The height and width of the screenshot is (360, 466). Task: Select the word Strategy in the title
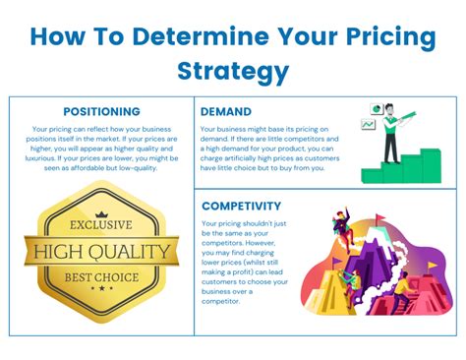coord(233,71)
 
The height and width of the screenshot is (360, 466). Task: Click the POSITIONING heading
coord(101,112)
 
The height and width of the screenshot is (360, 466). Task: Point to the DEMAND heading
coord(227,112)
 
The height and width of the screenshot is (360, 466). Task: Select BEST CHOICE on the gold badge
coord(102,276)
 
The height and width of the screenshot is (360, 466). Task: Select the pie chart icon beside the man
coord(375,108)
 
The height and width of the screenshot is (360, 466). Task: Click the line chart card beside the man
coord(368,125)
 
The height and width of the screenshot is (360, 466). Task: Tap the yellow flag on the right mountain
coord(414,254)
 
